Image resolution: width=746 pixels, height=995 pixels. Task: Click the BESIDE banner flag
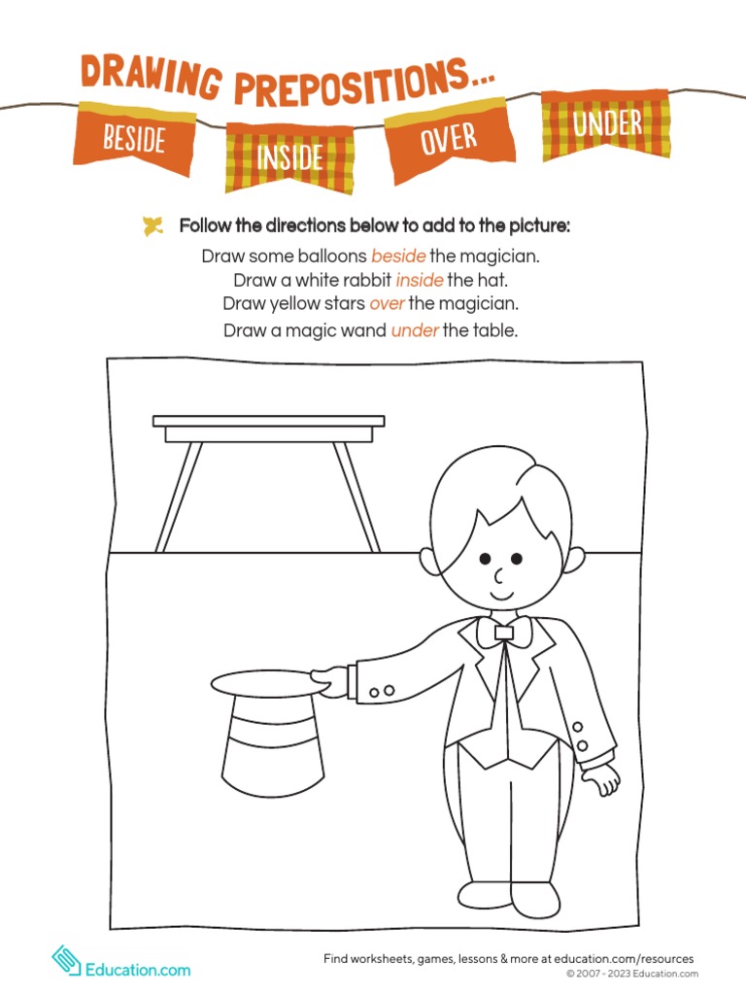(134, 140)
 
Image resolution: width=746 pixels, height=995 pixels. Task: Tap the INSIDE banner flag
(289, 156)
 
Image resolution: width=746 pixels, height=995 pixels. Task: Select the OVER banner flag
(449, 139)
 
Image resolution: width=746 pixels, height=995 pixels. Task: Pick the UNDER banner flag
(607, 124)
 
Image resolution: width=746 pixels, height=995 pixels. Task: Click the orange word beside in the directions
(399, 257)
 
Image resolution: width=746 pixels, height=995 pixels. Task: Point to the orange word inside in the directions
(420, 281)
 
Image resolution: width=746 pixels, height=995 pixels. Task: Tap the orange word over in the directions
(388, 304)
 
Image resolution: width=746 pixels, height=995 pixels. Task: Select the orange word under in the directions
(415, 330)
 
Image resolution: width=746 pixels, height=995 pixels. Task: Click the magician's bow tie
(503, 633)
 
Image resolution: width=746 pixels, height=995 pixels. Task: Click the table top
(269, 426)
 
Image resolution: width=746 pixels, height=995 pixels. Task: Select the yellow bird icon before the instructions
(153, 226)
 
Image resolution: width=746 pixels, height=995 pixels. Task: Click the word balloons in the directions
(332, 257)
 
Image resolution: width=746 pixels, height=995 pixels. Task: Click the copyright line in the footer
(631, 974)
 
